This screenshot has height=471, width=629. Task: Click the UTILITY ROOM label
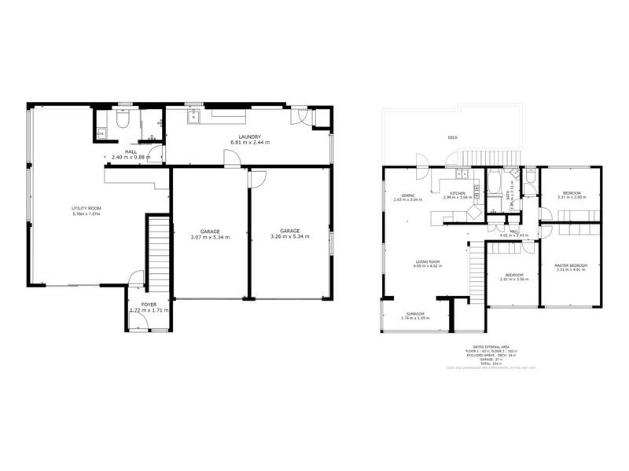click(x=86, y=208)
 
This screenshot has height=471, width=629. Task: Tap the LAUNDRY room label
click(x=251, y=137)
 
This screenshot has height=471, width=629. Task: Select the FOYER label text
click(x=148, y=304)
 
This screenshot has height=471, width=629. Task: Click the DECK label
click(x=452, y=137)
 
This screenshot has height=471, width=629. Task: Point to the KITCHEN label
click(x=458, y=193)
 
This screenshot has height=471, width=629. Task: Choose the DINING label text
click(x=408, y=195)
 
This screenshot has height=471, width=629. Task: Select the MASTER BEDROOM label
click(x=571, y=265)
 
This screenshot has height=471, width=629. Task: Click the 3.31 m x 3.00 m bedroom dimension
click(x=571, y=197)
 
